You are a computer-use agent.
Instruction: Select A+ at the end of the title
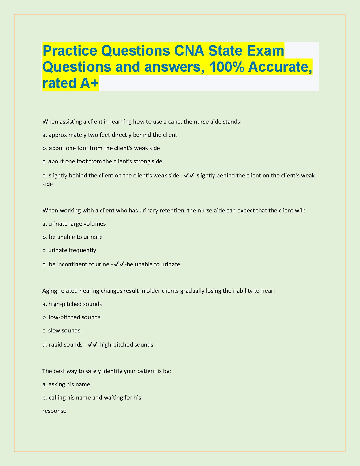[x=89, y=83]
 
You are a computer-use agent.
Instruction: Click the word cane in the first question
[x=174, y=122]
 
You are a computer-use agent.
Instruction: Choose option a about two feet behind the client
[x=110, y=135]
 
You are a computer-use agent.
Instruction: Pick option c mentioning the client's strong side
[x=102, y=161]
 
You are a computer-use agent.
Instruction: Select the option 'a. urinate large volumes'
[x=74, y=224]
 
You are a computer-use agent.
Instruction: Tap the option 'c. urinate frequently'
[x=69, y=250]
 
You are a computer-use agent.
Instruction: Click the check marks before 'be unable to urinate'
[x=119, y=264]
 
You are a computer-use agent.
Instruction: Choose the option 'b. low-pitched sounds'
[x=71, y=317]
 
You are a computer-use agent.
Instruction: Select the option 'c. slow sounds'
[x=61, y=330]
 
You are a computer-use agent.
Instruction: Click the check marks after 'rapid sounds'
[x=93, y=344]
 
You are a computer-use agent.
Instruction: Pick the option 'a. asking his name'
[x=66, y=384]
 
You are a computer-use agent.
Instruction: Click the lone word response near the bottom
[x=54, y=411]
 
